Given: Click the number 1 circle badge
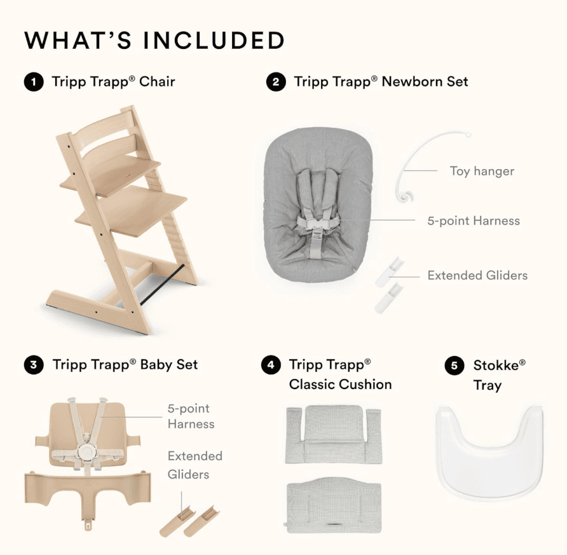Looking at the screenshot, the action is [34, 82].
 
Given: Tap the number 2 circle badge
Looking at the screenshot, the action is [276, 82].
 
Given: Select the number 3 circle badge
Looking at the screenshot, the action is [34, 364].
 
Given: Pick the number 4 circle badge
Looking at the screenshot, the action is [271, 364].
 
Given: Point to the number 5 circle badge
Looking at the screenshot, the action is [454, 366].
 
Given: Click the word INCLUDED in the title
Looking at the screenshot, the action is [214, 40].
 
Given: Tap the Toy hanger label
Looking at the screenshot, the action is [482, 171].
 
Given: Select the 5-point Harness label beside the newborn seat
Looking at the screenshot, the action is [474, 221].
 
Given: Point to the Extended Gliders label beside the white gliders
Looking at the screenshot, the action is [477, 275].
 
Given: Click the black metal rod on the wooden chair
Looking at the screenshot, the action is [161, 284].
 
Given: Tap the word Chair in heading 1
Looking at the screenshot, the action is [157, 82].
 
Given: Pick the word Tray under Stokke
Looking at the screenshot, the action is [488, 385].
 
